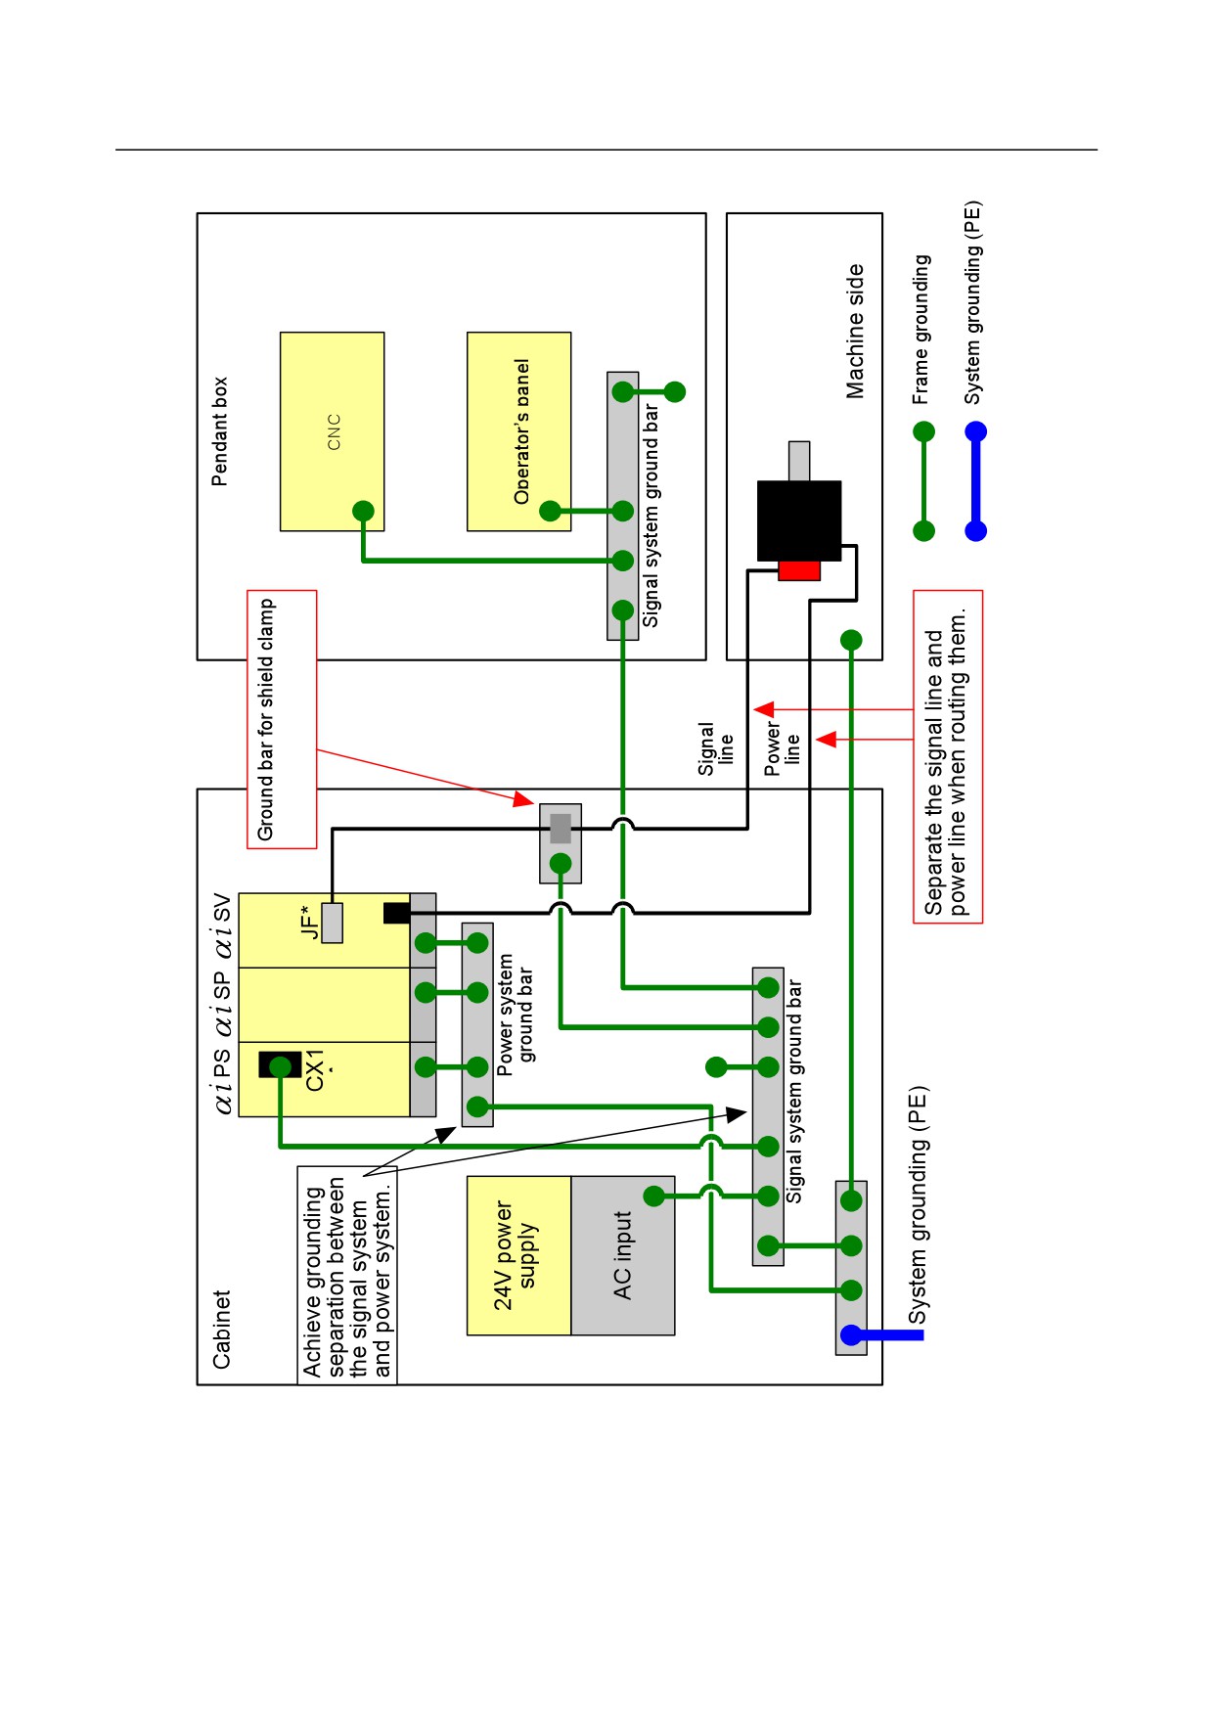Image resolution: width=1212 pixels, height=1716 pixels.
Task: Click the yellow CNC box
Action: point(332,431)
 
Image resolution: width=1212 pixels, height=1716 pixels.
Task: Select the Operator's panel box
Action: point(518,431)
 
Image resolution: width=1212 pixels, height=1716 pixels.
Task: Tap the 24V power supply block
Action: point(518,1255)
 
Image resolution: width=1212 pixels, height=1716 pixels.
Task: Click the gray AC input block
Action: point(623,1255)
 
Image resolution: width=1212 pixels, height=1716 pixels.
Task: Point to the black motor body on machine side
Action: point(799,520)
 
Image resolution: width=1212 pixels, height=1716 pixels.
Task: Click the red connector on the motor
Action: point(799,570)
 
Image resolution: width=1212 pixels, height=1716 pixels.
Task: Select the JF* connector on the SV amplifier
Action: point(332,923)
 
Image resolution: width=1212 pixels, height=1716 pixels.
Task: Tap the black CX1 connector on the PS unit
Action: point(280,1064)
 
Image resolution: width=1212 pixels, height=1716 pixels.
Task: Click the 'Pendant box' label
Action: point(220,431)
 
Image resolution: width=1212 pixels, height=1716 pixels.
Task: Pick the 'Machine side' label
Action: point(855,331)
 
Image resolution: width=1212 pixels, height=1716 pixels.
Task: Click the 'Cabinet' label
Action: point(221,1329)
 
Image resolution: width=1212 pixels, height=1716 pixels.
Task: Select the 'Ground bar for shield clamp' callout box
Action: point(282,719)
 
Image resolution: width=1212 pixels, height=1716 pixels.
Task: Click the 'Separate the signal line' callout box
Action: point(947,756)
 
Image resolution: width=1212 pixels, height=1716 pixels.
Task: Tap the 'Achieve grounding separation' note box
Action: point(347,1275)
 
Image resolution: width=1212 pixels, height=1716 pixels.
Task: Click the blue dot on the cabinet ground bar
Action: point(851,1334)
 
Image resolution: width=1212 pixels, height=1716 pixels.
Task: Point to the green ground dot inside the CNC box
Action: point(363,511)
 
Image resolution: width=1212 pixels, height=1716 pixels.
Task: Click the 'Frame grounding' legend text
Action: point(920,330)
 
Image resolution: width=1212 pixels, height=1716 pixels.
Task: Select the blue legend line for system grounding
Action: point(975,481)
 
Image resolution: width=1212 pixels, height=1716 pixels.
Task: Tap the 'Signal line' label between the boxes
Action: point(715,748)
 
